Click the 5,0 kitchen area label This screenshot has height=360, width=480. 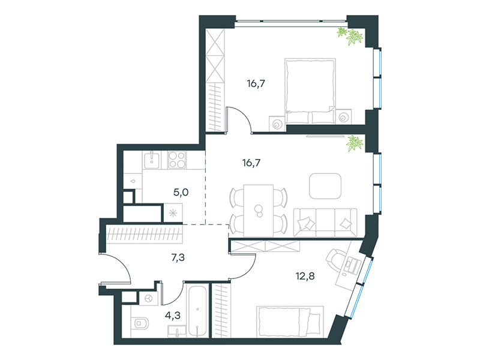181,193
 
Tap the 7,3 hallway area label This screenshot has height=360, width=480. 178,258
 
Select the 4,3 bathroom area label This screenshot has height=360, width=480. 173,315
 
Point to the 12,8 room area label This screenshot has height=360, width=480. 305,276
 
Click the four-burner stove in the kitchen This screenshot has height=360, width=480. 177,160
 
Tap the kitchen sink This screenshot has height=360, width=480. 152,160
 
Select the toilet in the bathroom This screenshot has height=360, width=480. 141,323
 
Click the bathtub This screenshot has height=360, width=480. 198,311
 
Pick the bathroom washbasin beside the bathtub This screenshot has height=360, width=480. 176,331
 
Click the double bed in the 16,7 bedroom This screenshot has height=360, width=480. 310,91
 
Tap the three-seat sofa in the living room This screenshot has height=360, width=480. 325,222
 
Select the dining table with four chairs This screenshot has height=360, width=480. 259,211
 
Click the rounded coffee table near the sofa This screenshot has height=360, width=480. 325,186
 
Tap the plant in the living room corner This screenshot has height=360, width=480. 355,143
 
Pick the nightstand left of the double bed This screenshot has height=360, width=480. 277,124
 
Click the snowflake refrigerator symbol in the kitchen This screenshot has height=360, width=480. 173,213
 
